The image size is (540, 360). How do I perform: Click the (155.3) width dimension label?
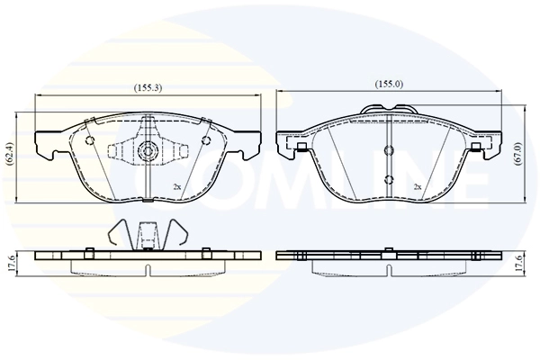(x=148, y=88)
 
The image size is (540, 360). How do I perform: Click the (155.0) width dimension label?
(x=389, y=84)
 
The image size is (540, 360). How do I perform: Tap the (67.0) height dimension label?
(x=518, y=154)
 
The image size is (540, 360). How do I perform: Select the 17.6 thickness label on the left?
(x=10, y=264)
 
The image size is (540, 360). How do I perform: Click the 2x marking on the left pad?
(x=177, y=186)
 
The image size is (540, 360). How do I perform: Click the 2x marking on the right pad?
(x=418, y=186)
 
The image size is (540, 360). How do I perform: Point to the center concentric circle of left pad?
(x=148, y=150)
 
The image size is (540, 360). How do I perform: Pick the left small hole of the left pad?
(x=89, y=140)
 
